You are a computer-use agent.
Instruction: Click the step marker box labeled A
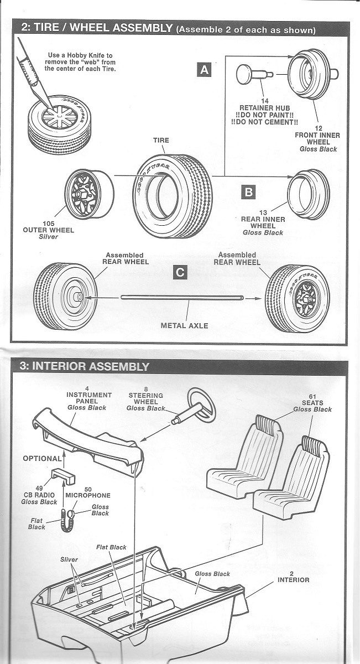[x=205, y=70]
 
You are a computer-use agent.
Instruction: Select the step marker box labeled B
[x=249, y=191]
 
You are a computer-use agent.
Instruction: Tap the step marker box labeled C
[x=179, y=272]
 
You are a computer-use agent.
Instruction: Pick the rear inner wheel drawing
[x=309, y=194]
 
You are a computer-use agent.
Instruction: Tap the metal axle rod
[x=182, y=298]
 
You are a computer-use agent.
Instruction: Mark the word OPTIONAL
[x=42, y=459]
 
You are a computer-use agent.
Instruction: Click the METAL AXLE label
[x=184, y=325]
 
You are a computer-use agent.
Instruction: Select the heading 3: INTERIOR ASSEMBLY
[x=85, y=366]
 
